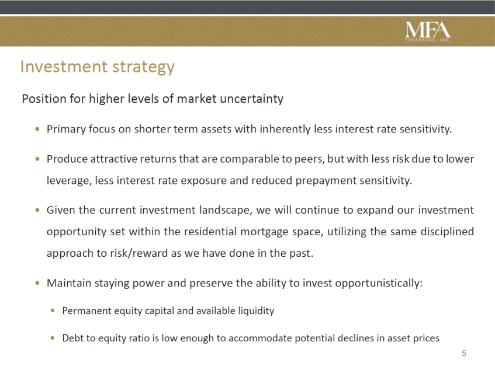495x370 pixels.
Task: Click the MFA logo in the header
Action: point(428,32)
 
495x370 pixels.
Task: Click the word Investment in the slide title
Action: point(64,67)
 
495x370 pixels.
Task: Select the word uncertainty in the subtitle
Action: point(252,99)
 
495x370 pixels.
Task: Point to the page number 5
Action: point(464,353)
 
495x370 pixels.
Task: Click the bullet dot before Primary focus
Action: point(38,129)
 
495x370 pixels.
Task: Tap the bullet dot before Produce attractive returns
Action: point(38,159)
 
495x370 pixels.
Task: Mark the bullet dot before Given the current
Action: point(38,210)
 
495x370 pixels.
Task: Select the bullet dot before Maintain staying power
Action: point(38,283)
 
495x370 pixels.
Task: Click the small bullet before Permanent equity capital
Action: point(53,311)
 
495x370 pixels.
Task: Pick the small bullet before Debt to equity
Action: point(53,338)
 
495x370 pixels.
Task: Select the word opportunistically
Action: point(379,283)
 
